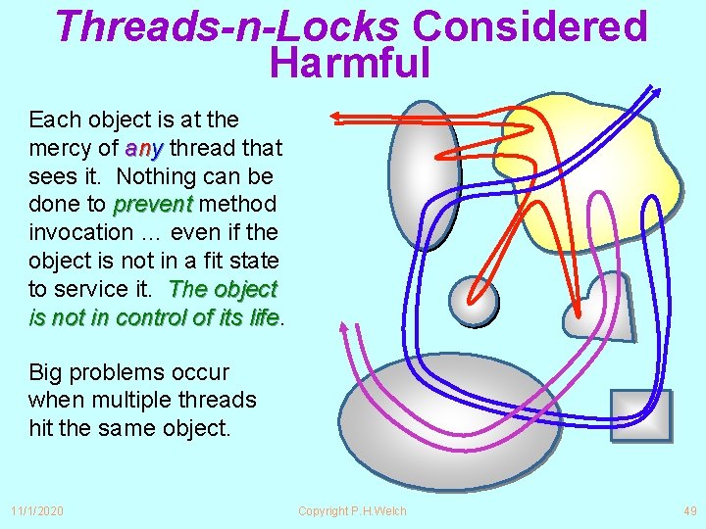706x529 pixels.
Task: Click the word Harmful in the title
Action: tap(350, 63)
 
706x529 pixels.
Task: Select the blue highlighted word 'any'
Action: tap(143, 148)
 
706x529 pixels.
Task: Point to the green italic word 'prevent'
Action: tap(154, 205)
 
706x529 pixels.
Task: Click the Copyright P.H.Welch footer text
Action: tap(352, 510)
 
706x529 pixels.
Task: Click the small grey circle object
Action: tap(474, 299)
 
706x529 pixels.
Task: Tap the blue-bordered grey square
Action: tap(640, 414)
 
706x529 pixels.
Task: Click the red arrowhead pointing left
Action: tap(337, 117)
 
